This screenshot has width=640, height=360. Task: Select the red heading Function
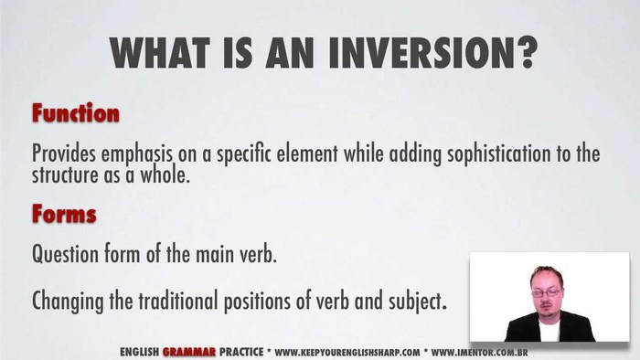click(x=76, y=114)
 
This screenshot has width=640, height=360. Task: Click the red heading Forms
click(x=64, y=216)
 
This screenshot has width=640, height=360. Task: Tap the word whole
click(x=165, y=175)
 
